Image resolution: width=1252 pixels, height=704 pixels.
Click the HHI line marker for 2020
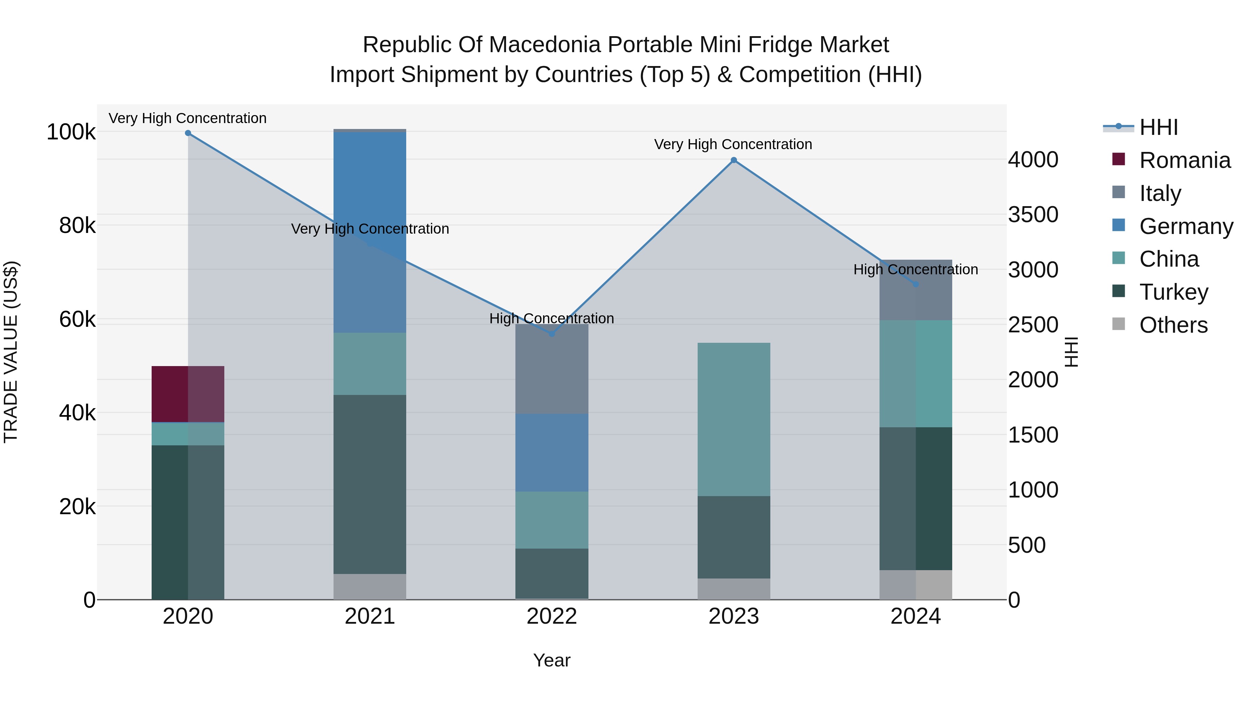[x=188, y=133]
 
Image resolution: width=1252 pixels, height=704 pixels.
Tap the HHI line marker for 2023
[x=734, y=160]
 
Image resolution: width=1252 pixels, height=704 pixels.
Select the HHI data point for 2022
[x=552, y=334]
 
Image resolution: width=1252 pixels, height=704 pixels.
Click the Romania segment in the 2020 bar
[x=188, y=394]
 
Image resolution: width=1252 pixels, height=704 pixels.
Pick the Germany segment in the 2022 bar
[x=552, y=452]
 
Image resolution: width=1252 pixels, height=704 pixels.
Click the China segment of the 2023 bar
[x=734, y=419]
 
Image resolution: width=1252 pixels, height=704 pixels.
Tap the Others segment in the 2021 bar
[x=370, y=586]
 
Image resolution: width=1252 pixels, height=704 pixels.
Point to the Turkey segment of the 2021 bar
[x=370, y=484]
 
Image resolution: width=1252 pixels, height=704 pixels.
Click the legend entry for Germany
[x=1186, y=226]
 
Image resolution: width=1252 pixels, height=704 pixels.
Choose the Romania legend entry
[x=1185, y=160]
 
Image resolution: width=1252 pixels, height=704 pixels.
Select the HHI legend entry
[x=1158, y=127]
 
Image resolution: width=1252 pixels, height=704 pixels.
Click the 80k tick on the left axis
[x=77, y=225]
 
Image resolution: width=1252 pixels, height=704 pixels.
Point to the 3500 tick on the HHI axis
[x=1033, y=214]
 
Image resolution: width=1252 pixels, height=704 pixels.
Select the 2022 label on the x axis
[x=552, y=616]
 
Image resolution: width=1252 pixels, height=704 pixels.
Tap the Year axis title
[x=552, y=660]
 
